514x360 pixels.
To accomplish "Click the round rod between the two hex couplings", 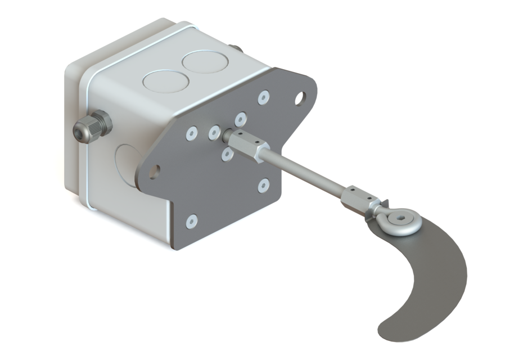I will tap(304, 171).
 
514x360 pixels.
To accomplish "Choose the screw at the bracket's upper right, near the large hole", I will tap(263, 98).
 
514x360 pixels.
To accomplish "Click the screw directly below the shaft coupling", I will tap(227, 153).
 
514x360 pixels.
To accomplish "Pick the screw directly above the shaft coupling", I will tap(241, 119).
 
